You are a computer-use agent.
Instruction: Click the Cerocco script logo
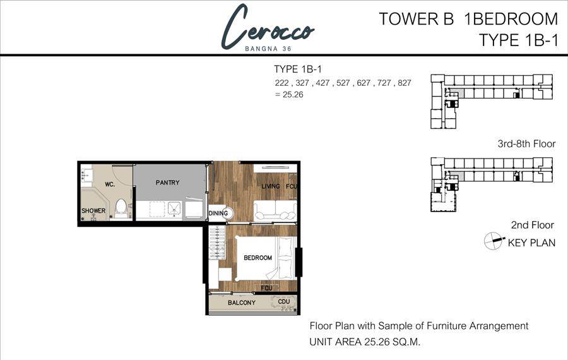pyautogui.click(x=268, y=27)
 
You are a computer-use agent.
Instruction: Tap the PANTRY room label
pyautogui.click(x=167, y=183)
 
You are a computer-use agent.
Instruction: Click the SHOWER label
pyautogui.click(x=93, y=211)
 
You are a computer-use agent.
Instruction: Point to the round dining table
pyautogui.click(x=225, y=213)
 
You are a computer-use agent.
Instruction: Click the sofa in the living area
pyautogui.click(x=275, y=211)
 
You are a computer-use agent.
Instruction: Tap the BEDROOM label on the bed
pyautogui.click(x=257, y=258)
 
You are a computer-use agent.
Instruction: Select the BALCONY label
pyautogui.click(x=242, y=303)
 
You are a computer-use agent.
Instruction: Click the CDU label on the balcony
pyautogui.click(x=284, y=301)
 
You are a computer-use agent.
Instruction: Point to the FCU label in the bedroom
pyautogui.click(x=266, y=288)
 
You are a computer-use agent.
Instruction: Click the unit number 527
pyautogui.click(x=343, y=83)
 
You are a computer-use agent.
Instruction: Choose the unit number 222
pyautogui.click(x=281, y=83)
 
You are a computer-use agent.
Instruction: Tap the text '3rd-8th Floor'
pyautogui.click(x=526, y=144)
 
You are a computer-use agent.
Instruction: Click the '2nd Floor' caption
pyautogui.click(x=533, y=225)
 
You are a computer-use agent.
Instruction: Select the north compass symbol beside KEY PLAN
pyautogui.click(x=494, y=241)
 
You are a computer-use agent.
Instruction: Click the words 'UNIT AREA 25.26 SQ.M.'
pyautogui.click(x=365, y=342)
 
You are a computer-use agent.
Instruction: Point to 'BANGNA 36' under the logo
pyautogui.click(x=268, y=49)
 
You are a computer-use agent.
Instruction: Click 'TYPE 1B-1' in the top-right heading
pyautogui.click(x=519, y=40)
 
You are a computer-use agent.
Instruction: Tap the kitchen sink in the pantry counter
pyautogui.click(x=174, y=209)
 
